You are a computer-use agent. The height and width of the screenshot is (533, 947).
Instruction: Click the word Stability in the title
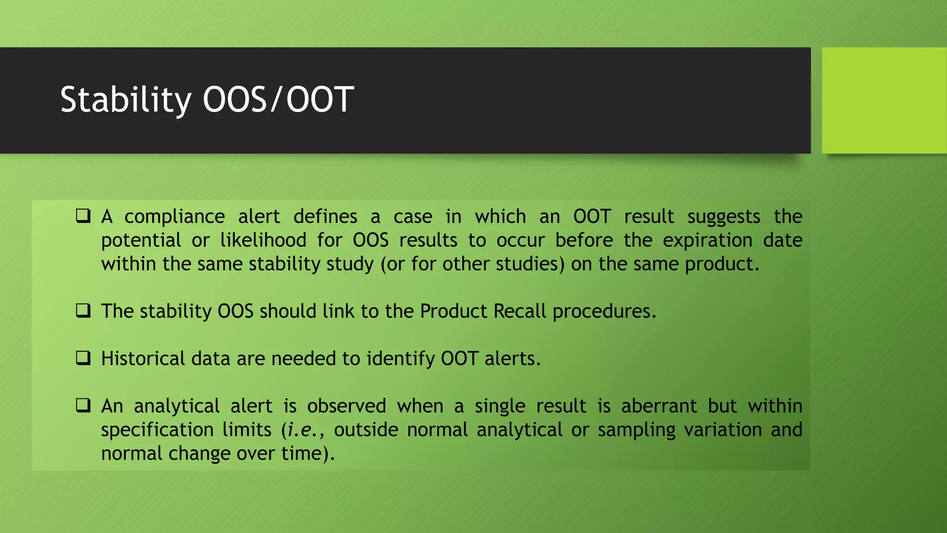point(125,100)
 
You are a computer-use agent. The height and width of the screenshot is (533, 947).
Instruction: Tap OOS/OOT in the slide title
point(278,100)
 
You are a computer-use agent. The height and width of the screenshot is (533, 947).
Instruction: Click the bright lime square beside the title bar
point(884,100)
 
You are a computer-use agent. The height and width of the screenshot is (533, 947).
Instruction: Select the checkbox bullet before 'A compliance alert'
point(83,216)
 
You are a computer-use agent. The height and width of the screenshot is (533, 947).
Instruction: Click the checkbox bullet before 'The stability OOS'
point(83,311)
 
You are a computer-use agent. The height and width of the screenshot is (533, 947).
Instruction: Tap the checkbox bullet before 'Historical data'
point(83,358)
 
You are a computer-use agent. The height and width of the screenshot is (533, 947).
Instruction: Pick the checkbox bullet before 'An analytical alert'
point(83,406)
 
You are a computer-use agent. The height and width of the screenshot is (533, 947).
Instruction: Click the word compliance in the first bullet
point(174,217)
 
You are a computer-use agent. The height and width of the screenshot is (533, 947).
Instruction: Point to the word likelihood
point(263,240)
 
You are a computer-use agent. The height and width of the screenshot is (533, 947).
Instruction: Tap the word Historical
point(143,359)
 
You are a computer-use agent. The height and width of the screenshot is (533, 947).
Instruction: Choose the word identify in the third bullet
point(400,359)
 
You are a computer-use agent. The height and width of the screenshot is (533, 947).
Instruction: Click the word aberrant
point(658,406)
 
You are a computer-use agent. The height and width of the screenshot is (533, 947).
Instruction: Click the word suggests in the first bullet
point(723,217)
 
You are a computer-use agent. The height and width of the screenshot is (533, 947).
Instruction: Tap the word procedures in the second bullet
point(604,311)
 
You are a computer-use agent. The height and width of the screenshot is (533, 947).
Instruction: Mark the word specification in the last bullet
point(157,430)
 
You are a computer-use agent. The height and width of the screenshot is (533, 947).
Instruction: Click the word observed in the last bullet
point(346,406)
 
